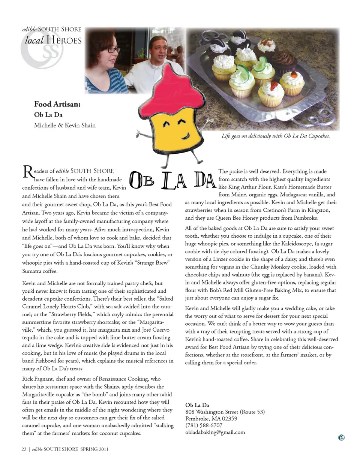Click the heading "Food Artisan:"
coord(57,104)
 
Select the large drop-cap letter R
coord(27,172)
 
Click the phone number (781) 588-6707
coord(204,425)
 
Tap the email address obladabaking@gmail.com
coord(215,432)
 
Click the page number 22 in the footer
coord(24,449)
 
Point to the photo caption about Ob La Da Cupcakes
coord(276,136)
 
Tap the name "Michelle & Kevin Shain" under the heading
coord(65,125)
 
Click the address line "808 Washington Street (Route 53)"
coord(225,412)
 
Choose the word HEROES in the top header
coord(64,40)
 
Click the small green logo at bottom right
coord(341,437)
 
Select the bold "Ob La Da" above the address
coord(197,405)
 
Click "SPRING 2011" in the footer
coord(94,449)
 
